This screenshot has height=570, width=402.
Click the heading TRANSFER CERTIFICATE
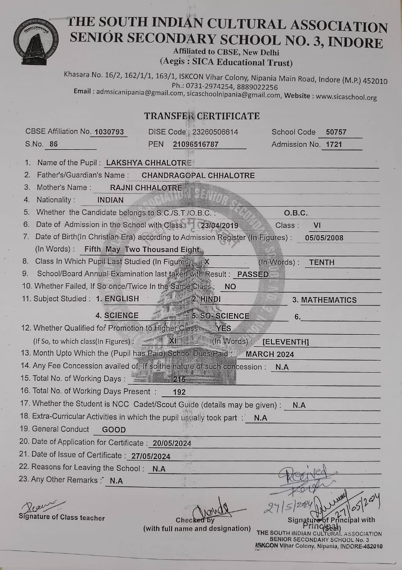click(201, 116)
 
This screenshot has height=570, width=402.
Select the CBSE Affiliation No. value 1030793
click(109, 132)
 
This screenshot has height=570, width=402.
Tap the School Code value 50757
click(336, 132)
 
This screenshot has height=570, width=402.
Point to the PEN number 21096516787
click(196, 144)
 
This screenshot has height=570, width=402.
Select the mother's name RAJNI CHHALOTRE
click(146, 187)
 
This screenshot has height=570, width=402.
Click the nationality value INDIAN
click(111, 200)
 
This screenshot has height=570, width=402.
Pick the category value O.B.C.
click(296, 213)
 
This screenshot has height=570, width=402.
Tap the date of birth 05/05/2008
click(324, 238)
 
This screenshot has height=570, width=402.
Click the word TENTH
click(321, 262)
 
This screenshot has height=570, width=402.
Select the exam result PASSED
click(253, 274)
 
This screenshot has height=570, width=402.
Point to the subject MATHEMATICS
click(328, 300)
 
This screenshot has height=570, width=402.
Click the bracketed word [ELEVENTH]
click(286, 342)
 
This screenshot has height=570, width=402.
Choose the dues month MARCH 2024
click(270, 354)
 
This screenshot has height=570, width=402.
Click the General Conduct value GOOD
click(114, 430)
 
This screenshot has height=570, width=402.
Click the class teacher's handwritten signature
click(40, 506)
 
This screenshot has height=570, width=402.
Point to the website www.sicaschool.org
click(346, 97)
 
